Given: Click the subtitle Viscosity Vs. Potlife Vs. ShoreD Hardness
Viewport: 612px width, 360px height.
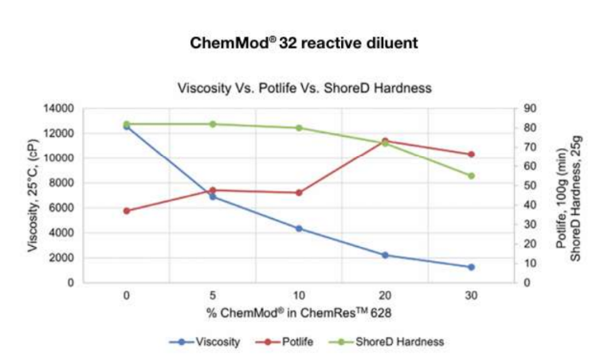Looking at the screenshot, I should (304, 88).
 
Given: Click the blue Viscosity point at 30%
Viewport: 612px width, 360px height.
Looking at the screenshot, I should (471, 267).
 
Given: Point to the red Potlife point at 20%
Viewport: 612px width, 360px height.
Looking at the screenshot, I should (385, 141).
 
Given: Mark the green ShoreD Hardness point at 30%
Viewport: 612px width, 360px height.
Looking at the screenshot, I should (471, 176).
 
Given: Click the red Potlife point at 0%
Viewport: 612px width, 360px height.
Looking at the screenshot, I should (127, 211).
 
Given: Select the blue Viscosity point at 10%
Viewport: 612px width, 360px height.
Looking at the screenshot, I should (299, 229).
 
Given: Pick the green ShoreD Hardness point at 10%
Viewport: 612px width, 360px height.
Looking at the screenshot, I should (299, 127).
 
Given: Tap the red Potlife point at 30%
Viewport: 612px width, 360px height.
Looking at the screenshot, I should (471, 155).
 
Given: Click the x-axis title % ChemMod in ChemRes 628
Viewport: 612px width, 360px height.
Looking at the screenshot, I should (299, 313).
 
